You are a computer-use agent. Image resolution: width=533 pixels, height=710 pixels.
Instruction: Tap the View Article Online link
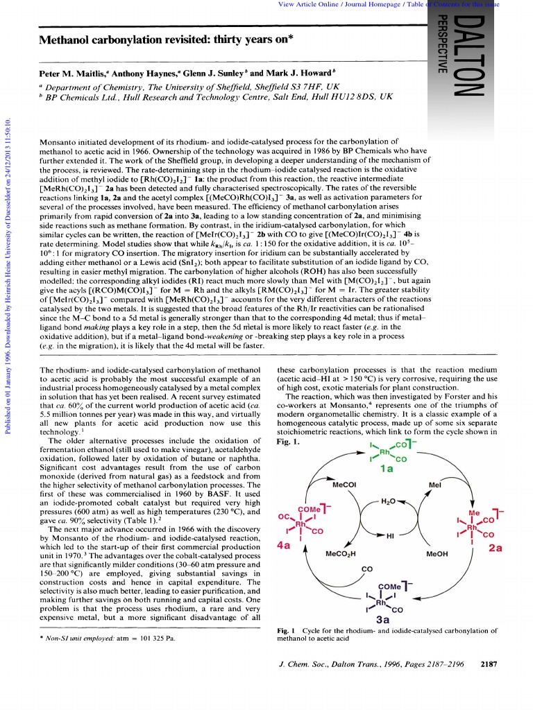click(305, 5)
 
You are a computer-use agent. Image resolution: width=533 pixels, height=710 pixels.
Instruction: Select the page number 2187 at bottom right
click(489, 664)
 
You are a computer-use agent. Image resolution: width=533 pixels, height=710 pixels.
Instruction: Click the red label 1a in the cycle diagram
click(387, 468)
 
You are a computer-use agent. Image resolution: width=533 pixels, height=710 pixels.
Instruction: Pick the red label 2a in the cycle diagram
click(494, 548)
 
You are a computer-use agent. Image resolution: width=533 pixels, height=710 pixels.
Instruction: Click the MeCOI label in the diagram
click(345, 485)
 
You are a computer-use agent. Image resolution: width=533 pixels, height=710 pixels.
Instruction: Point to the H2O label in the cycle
click(390, 500)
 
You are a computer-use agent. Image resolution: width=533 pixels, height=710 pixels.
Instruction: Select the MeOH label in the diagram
click(437, 554)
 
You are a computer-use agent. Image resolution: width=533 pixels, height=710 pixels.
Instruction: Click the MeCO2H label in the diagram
click(341, 554)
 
